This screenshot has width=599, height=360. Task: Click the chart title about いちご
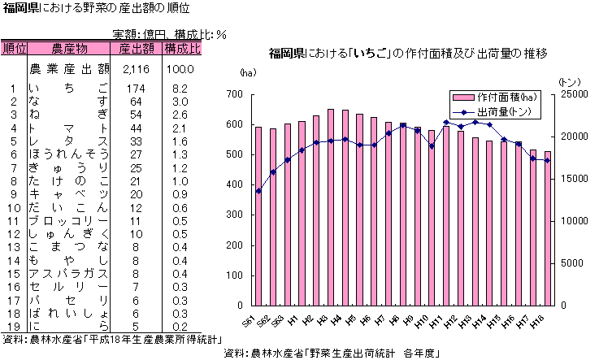point(408,54)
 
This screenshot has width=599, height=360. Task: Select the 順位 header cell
point(15,48)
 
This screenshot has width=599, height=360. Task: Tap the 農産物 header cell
point(69,48)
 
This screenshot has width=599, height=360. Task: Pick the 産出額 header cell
point(136,48)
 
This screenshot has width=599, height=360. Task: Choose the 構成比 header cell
point(182,48)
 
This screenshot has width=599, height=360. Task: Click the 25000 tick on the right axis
point(572,94)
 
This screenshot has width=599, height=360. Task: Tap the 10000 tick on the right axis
point(572,221)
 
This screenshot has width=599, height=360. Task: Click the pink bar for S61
point(258,215)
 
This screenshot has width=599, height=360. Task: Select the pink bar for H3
point(331,207)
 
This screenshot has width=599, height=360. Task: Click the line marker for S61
point(258,191)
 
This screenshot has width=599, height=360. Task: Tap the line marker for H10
point(432,146)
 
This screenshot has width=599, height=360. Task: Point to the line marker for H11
point(446,123)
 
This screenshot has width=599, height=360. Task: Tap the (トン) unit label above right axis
point(571,82)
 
